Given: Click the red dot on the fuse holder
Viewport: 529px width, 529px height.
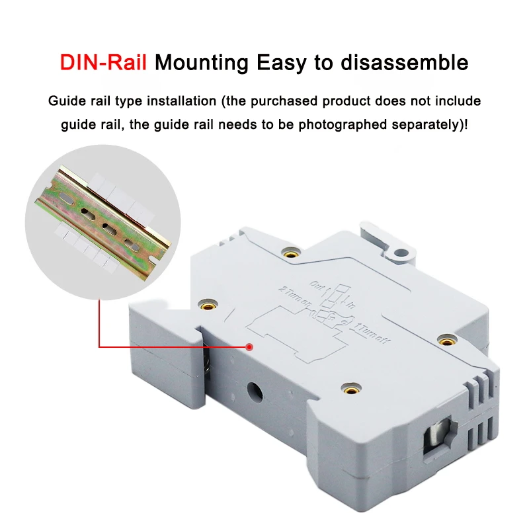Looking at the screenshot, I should click(249, 346).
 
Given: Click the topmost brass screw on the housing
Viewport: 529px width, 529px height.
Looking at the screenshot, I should click(290, 253).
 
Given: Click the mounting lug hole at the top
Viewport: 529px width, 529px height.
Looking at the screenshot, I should click(399, 252).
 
